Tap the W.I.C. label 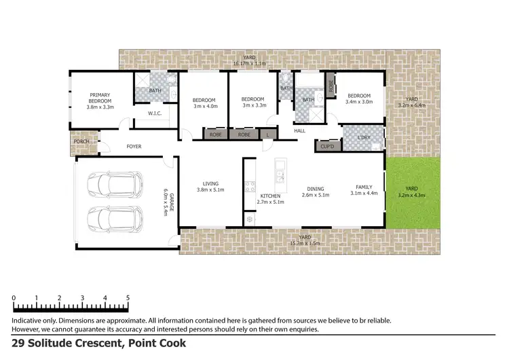coord(154,113)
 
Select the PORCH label coord(82,142)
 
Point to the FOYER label coord(134,146)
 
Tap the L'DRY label coord(363,138)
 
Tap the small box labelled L coord(269,134)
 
